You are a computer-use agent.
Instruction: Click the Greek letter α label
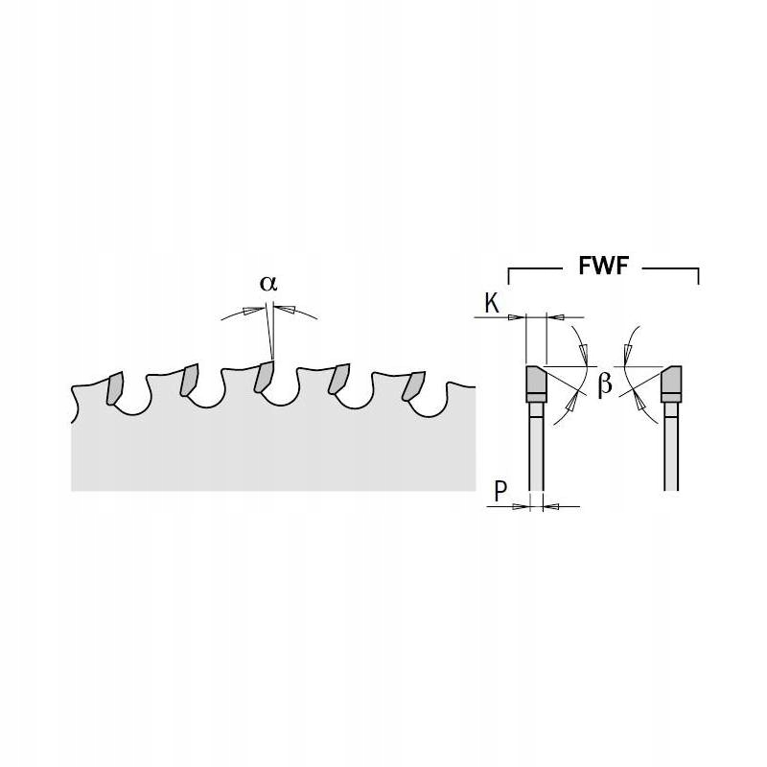(x=268, y=284)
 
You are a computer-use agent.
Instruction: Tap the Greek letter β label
(x=605, y=384)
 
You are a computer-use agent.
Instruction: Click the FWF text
(x=602, y=267)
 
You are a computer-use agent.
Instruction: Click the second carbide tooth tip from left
(x=188, y=380)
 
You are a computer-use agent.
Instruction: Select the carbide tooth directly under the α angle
(x=263, y=378)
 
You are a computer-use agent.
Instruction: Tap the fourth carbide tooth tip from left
(x=338, y=381)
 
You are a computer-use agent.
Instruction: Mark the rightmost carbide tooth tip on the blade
(x=413, y=384)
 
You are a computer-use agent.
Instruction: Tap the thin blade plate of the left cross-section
(x=534, y=451)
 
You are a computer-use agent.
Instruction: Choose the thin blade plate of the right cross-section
(x=671, y=451)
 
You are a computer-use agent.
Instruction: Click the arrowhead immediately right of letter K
(x=517, y=315)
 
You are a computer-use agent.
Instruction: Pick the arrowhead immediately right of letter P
(x=525, y=505)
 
